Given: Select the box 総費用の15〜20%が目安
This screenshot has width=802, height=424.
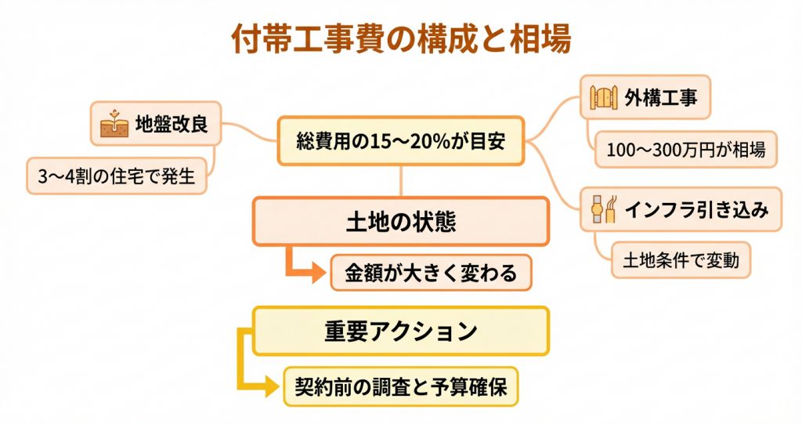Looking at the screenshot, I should coord(400,142).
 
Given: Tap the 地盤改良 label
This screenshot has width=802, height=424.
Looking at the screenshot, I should coord(172,124).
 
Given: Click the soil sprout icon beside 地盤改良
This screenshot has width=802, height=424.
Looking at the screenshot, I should coord(114,124).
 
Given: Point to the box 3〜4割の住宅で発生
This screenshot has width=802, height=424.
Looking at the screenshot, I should coord(116,177).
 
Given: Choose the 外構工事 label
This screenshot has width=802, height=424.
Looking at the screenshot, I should coord(656,98).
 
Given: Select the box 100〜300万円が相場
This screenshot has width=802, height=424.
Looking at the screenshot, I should coord(686,148).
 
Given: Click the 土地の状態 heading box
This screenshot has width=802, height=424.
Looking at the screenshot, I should coord(400,222).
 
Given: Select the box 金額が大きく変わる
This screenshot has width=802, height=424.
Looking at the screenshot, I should coord(430,273).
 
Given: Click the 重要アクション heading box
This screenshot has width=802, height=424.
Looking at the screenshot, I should coord(401,330).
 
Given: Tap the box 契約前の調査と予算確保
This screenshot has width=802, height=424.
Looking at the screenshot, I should coord(400,386).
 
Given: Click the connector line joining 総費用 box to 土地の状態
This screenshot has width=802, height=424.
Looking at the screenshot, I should coord(401,181).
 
